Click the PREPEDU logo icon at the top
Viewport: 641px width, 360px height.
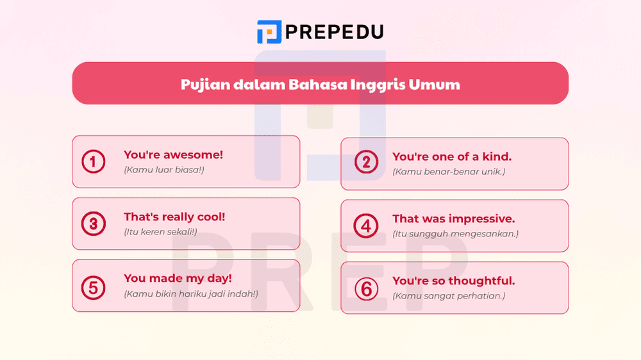coord(269,31)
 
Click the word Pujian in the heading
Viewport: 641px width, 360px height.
coord(202,85)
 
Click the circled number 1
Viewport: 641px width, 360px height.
coord(94,162)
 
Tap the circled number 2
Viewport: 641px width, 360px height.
coord(366,162)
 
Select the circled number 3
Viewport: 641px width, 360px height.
coord(94,224)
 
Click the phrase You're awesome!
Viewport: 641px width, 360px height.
coord(174,155)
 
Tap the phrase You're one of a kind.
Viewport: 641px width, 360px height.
coord(452,157)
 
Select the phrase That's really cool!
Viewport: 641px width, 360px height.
coord(174,217)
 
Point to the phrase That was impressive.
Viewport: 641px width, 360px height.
coord(454,219)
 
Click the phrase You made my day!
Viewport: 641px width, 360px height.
coord(178,279)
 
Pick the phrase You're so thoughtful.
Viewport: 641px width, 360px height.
coord(454,281)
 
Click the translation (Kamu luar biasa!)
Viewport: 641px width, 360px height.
coord(163,170)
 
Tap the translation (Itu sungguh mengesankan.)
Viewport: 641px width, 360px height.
coord(455,234)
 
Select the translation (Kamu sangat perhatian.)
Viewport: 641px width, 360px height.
coord(449,296)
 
